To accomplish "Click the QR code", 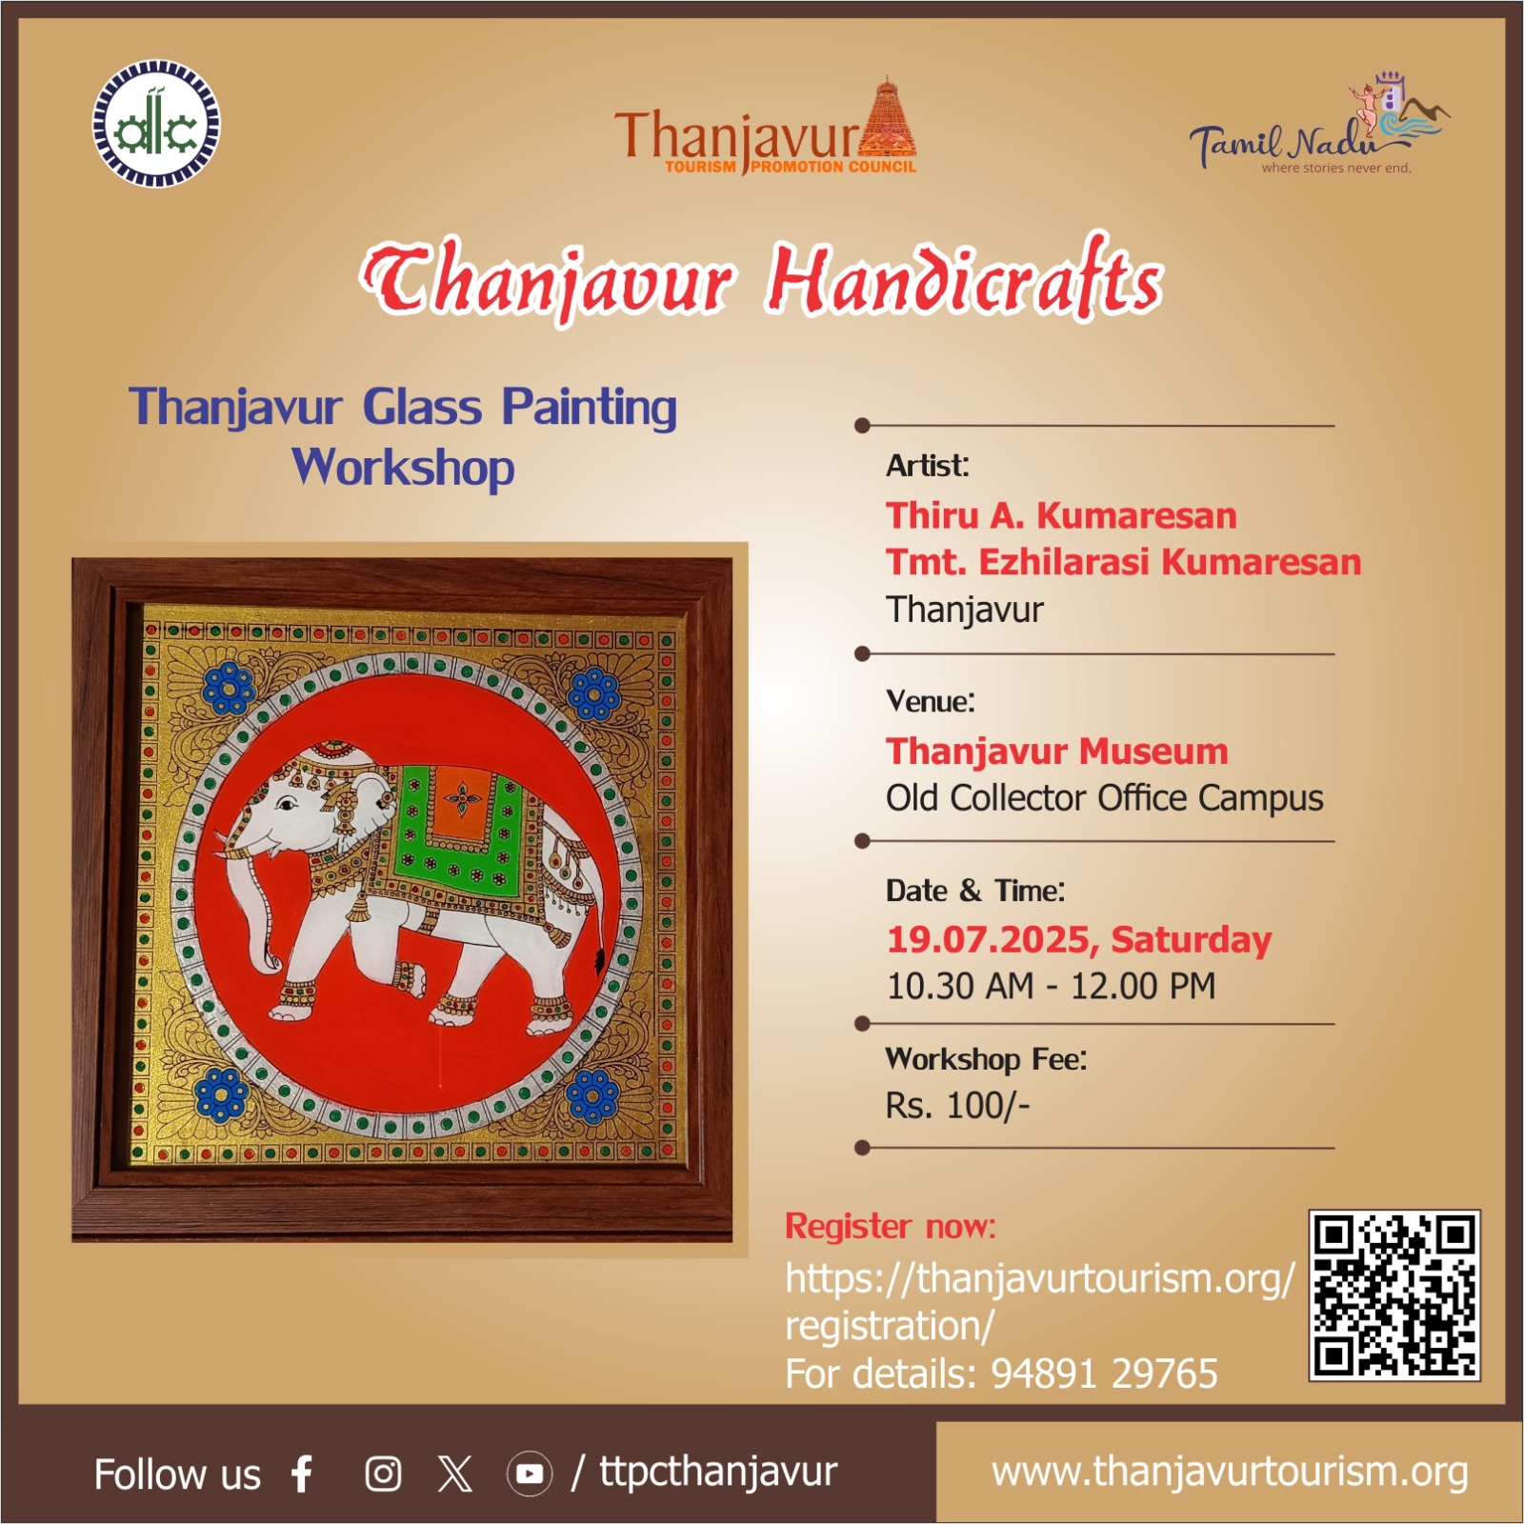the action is (1394, 1294).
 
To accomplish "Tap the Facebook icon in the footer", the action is (303, 1473).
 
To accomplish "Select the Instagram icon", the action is (383, 1474).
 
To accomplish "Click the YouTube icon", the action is (529, 1474).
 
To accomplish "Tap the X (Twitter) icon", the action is (455, 1474).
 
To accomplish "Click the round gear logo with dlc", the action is (156, 124).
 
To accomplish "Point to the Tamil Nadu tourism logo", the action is (1320, 124).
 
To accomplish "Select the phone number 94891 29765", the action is (1104, 1374).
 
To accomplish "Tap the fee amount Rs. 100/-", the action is (958, 1105).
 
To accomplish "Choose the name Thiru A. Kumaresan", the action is (1061, 515).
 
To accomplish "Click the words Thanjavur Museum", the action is (1057, 751).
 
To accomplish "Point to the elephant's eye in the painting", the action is (285, 805).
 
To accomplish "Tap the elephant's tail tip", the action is (600, 957).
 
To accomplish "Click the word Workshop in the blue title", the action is (404, 468).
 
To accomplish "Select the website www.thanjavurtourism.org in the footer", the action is (1230, 1473).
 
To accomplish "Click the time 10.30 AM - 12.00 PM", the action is (1052, 986).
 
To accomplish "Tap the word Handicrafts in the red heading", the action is (964, 278).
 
